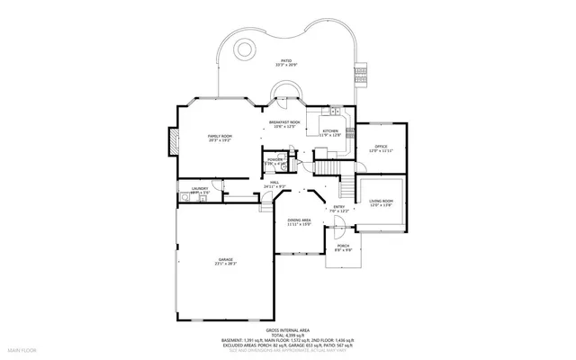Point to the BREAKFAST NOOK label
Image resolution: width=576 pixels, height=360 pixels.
click(x=284, y=122)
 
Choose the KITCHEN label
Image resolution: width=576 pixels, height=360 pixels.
click(x=330, y=131)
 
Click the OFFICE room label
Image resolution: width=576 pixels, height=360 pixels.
click(x=381, y=146)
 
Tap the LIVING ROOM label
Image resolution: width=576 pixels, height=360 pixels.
click(x=382, y=202)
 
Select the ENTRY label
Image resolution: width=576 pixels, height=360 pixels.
click(x=339, y=207)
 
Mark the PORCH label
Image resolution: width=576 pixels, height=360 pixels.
click(x=343, y=246)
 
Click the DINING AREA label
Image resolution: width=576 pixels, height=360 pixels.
click(x=299, y=220)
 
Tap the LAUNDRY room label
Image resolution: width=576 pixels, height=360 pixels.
click(x=200, y=188)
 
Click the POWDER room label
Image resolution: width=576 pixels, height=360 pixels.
click(x=274, y=158)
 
